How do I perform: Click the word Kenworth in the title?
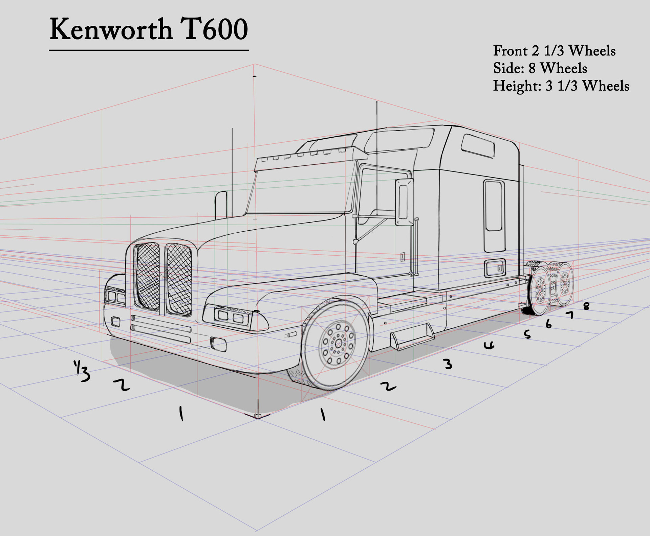click(x=111, y=30)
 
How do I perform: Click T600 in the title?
click(x=214, y=30)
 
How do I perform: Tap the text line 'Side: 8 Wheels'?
click(x=540, y=68)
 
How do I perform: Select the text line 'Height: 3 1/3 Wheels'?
click(x=561, y=86)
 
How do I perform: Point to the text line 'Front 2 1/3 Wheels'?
click(x=554, y=51)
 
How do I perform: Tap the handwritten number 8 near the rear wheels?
click(x=586, y=306)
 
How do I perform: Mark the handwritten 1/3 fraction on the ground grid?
click(x=82, y=371)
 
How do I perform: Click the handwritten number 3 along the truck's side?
click(x=448, y=364)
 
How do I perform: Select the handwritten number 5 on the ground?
click(x=527, y=334)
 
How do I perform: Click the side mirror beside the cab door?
click(x=404, y=202)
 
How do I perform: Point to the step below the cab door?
click(x=412, y=336)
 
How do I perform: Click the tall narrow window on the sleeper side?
click(x=494, y=216)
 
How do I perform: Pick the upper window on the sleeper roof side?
click(x=477, y=146)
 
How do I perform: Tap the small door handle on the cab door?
click(x=403, y=257)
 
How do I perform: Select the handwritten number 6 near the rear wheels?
click(x=548, y=324)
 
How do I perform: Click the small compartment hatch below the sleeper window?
click(x=495, y=268)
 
